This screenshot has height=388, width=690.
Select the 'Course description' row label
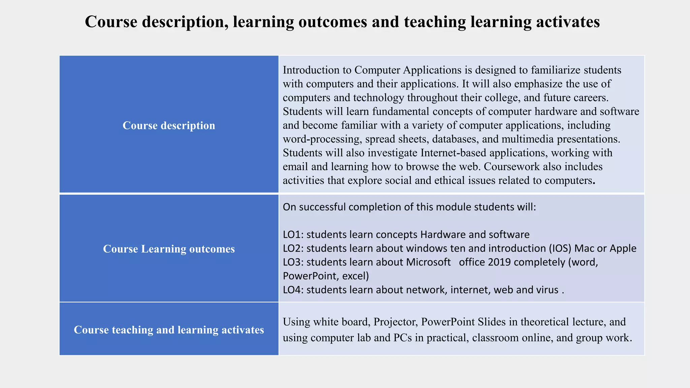click(169, 126)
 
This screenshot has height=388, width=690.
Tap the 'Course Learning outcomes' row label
click(169, 249)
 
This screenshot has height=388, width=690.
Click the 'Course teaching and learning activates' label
click(169, 330)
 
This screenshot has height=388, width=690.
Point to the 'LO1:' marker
click(293, 234)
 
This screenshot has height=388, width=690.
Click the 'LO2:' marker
click(293, 248)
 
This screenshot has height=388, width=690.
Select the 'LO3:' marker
click(293, 262)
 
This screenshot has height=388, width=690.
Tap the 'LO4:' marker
click(293, 290)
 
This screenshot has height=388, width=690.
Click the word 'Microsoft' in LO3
click(428, 262)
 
